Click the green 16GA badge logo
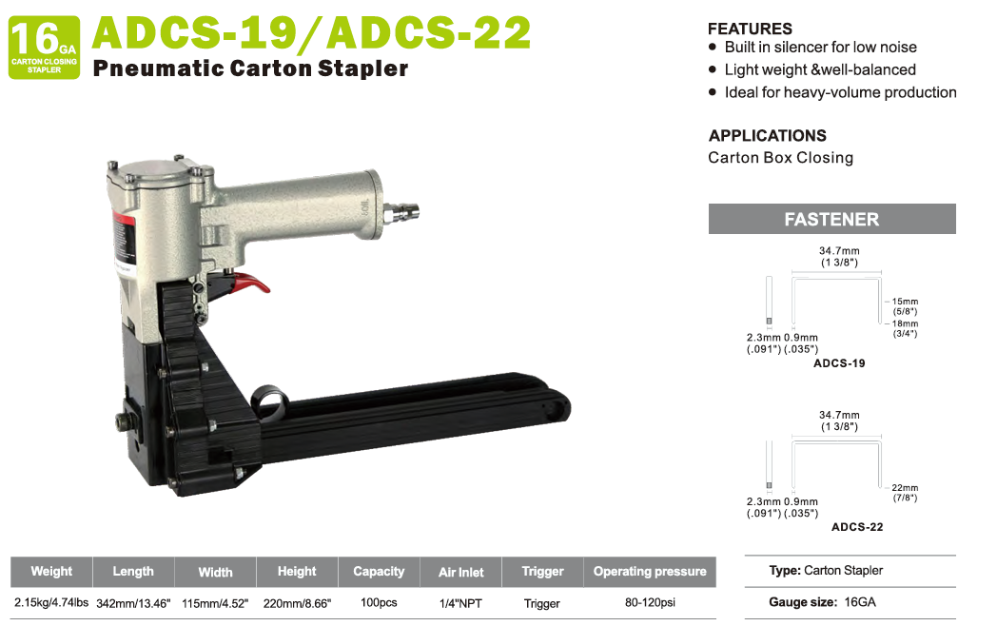(x=44, y=48)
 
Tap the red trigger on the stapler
(x=250, y=284)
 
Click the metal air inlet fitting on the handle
(x=401, y=212)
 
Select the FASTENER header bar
(x=831, y=219)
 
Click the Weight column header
(x=51, y=571)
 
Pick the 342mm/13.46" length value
(x=133, y=603)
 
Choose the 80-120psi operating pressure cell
(x=650, y=602)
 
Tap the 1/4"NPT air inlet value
(x=460, y=603)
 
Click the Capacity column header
(x=379, y=571)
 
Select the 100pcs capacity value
(x=379, y=602)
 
